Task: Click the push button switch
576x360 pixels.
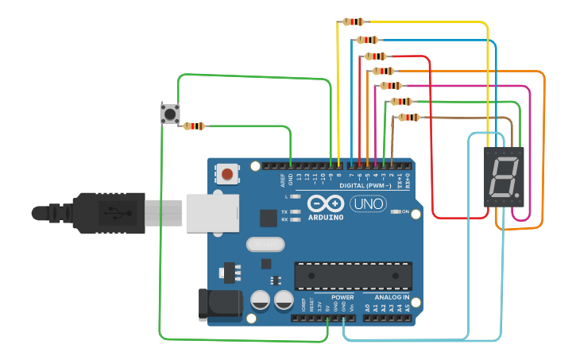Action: (x=170, y=114)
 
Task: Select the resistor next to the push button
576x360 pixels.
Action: (x=194, y=126)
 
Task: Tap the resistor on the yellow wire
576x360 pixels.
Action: (x=353, y=22)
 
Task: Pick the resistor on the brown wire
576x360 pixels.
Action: (x=408, y=118)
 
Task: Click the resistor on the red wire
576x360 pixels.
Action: (x=375, y=56)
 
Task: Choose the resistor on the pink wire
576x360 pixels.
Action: (x=391, y=86)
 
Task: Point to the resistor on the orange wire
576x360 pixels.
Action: (x=383, y=71)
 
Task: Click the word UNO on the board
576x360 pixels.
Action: (x=370, y=204)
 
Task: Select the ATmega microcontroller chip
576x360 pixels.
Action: (x=353, y=275)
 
